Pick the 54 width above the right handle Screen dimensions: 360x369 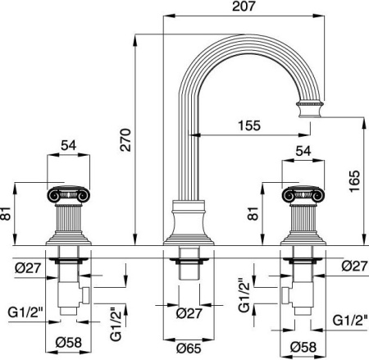pos(303,151)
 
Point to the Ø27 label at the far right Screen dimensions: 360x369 pos(353,267)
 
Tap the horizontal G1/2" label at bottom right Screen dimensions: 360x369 pos(350,320)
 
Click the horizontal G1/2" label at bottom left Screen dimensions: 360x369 pos(25,312)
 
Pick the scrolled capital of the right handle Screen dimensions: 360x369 pos(302,196)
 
